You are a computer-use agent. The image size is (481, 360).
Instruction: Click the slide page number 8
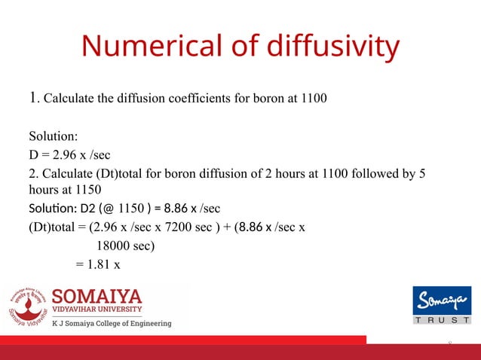pos(450,343)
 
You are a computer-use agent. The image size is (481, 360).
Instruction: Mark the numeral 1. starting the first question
pos(33,97)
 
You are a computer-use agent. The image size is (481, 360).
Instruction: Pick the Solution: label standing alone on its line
pos(54,137)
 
